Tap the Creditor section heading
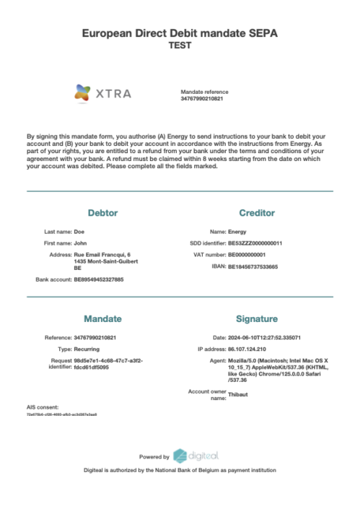[x=256, y=213]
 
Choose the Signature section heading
[x=256, y=318]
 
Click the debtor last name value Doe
[x=79, y=232]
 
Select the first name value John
[x=80, y=243]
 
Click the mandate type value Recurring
[x=87, y=348]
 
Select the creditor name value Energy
[x=237, y=232]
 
